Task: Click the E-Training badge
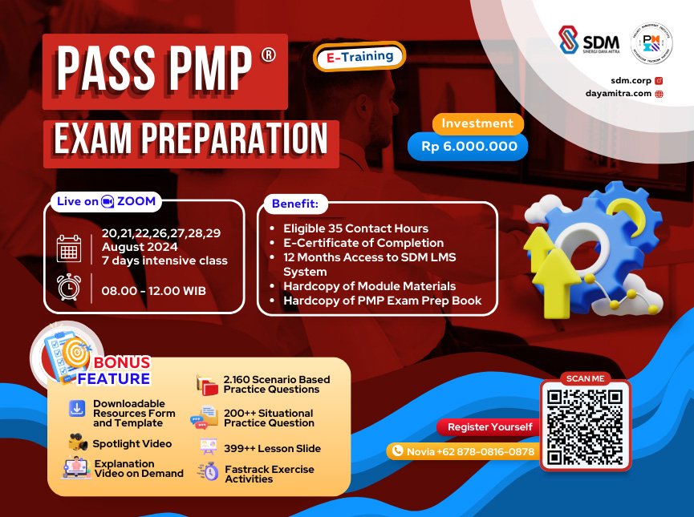coord(359,56)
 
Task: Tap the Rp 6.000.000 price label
coord(467,147)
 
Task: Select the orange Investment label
coord(477,123)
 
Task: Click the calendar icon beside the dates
coord(69,248)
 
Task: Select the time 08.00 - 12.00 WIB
coord(153,290)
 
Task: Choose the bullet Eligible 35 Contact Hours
coord(355,228)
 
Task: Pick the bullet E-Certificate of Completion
coord(363,243)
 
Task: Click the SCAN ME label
coord(584,378)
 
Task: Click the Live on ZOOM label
coord(105,201)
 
